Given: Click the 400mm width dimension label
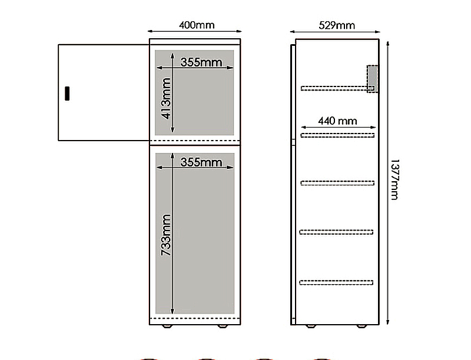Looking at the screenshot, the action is (x=197, y=25).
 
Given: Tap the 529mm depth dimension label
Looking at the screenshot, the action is (x=337, y=25).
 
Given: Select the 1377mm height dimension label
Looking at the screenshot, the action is (x=394, y=179).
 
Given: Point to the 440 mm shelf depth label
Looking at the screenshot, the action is (x=337, y=121).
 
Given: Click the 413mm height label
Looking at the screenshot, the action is (x=166, y=98).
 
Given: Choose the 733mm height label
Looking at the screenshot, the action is (x=166, y=235).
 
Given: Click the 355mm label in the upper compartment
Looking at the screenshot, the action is (x=201, y=62).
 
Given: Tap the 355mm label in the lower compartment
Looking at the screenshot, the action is (x=201, y=162).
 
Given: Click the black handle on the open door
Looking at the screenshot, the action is (x=67, y=94).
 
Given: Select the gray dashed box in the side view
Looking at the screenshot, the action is (x=373, y=79).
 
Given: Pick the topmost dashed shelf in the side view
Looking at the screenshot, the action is (x=337, y=88).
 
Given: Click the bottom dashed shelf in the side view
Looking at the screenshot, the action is (x=336, y=282).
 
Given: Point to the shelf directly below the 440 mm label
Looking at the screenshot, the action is (x=337, y=135).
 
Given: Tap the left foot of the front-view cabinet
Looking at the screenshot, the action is (x=167, y=326).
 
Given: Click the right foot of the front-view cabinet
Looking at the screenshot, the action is (x=223, y=326).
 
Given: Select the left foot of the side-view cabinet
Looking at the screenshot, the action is (x=311, y=326).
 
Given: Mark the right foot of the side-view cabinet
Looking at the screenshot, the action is (x=361, y=326).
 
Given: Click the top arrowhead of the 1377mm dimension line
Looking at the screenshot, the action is (x=388, y=44).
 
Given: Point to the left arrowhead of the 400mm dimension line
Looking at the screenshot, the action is (x=150, y=31).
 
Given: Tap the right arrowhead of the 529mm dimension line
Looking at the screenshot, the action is (x=378, y=32).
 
